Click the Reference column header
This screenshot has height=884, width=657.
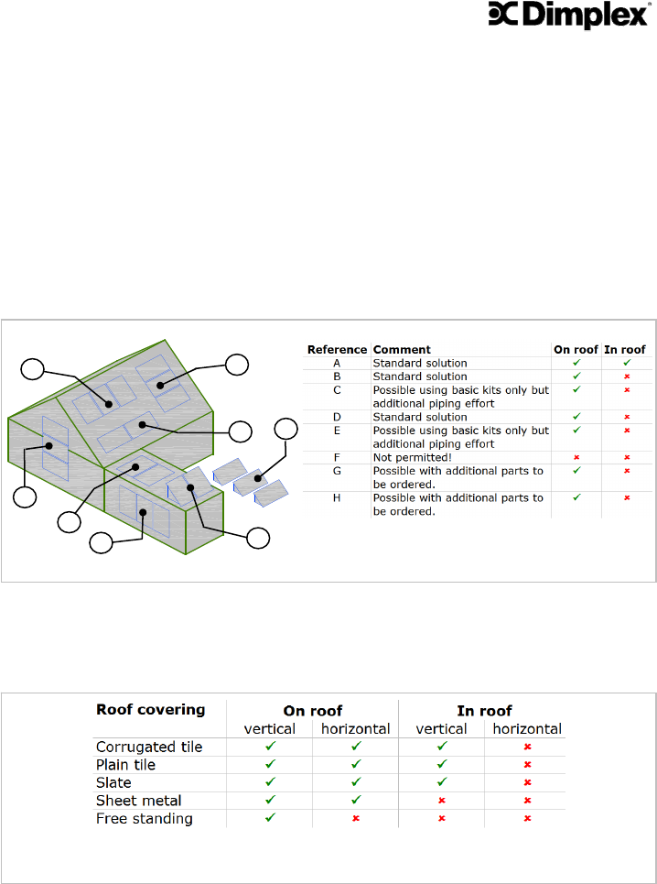(337, 349)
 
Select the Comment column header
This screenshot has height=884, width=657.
(402, 349)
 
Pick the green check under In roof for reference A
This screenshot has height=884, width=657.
(625, 363)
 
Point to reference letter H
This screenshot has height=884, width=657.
(337, 498)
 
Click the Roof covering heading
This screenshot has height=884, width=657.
(151, 709)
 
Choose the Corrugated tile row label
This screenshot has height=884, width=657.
(149, 747)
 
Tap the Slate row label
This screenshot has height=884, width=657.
(113, 782)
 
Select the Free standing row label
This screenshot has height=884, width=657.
(145, 818)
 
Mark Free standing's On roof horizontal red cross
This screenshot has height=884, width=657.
(355, 819)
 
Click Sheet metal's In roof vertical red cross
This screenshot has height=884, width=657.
(441, 801)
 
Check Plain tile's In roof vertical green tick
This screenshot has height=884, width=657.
(441, 765)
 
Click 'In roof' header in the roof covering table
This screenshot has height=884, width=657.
(484, 710)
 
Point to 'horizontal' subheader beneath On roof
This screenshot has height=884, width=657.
(355, 729)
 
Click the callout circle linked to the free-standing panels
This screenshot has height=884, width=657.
(286, 429)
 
